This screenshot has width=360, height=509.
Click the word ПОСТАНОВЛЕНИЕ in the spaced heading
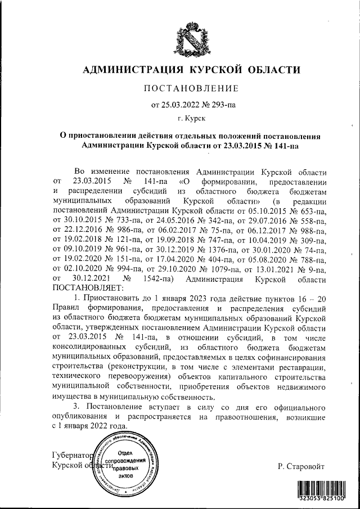191,88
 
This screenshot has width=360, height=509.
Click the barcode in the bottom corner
322,487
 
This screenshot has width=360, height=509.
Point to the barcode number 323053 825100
322,498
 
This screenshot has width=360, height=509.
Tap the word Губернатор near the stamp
71,454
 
